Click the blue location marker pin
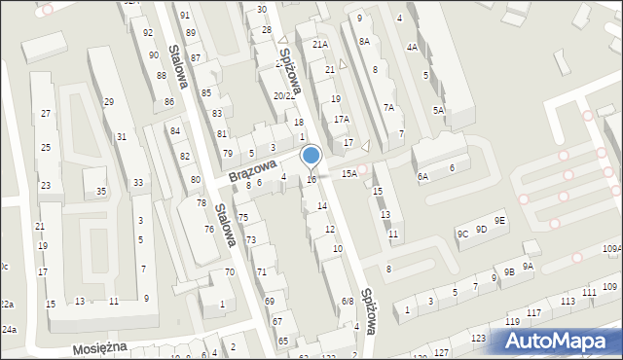[311, 157]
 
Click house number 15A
[348, 173]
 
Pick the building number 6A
[422, 176]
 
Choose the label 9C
[463, 233]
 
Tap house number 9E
[499, 221]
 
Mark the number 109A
[611, 249]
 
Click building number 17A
[341, 119]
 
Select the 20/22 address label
[283, 95]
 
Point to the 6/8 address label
[347, 302]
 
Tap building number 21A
[320, 45]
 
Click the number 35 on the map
[101, 192]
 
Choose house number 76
[208, 229]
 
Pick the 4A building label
[413, 47]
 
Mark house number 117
[533, 312]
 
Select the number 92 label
[148, 33]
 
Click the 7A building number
[388, 108]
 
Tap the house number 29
[109, 102]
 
